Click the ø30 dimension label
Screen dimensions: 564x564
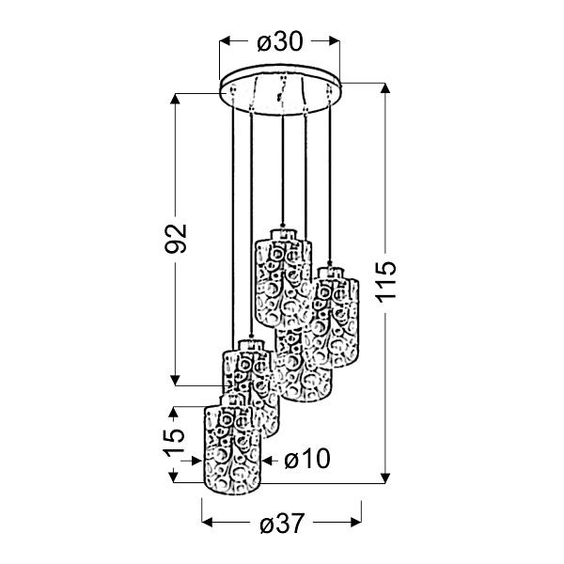tap(280, 41)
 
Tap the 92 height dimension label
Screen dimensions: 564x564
tap(176, 238)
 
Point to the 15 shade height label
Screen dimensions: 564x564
tap(175, 443)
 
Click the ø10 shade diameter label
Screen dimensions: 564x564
tap(306, 459)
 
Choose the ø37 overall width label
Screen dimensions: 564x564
tap(282, 523)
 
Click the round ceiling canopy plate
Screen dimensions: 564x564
tap(280, 90)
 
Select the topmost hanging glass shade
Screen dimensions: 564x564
tap(283, 277)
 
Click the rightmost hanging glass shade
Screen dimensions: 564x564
tap(336, 317)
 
